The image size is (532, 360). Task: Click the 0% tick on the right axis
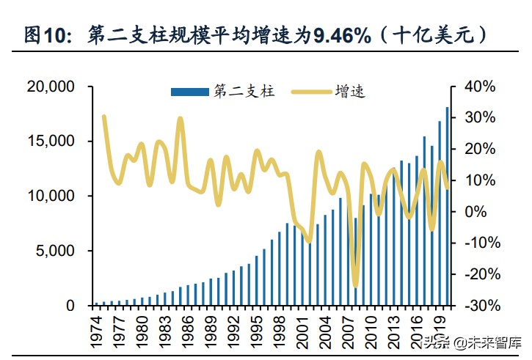pos(475,211)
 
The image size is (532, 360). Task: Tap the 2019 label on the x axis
pos(442,328)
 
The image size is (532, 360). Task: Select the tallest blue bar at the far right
pos(448,206)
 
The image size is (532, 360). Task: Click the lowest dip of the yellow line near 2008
pos(355,285)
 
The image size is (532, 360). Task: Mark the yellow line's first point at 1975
pos(104,117)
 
